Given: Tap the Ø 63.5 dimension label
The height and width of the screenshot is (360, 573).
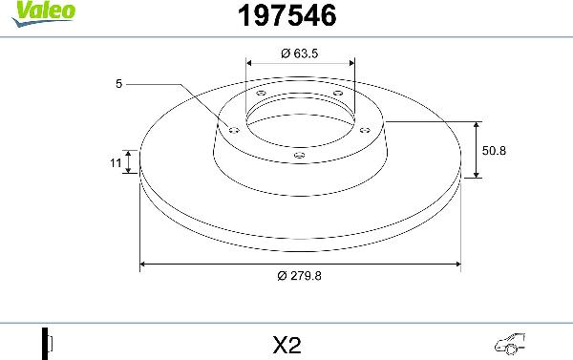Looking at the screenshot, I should point(299,53).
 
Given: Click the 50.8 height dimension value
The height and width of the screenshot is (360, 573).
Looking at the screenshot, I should point(494,150).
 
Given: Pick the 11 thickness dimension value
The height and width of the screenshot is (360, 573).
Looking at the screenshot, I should point(116,164).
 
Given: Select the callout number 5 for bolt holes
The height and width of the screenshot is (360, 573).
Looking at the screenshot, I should point(118,84).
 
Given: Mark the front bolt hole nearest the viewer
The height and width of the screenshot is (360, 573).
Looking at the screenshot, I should point(299,156).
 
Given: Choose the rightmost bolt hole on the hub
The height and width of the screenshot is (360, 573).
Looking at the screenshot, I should point(366,131).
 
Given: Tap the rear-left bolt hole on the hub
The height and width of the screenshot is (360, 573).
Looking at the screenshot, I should point(260,93).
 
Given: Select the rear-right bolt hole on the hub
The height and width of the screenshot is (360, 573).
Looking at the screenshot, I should point(336,93).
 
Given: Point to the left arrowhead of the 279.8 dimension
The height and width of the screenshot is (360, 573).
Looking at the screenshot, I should point(145,264).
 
